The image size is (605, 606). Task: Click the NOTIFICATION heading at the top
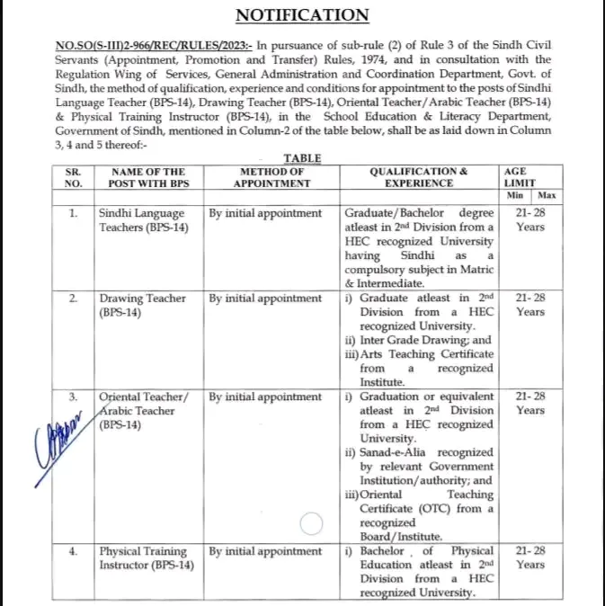(302, 15)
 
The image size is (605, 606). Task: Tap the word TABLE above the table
(302, 158)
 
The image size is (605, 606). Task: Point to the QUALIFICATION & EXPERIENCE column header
(419, 177)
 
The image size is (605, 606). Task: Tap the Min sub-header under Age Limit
(515, 194)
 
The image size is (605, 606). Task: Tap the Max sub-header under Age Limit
(546, 194)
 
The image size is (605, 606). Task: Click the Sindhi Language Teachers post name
(141, 220)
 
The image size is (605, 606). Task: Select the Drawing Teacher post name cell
(143, 305)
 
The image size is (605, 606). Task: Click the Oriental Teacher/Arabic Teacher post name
(144, 410)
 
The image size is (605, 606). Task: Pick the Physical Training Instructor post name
(144, 557)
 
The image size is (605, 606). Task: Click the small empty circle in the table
(311, 523)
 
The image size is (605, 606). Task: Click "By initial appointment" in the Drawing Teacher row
(265, 299)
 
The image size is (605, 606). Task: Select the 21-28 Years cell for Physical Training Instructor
(530, 557)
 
